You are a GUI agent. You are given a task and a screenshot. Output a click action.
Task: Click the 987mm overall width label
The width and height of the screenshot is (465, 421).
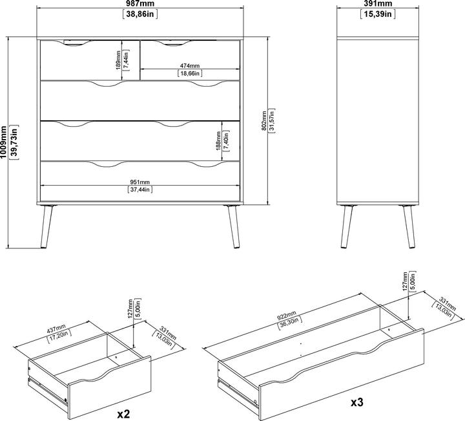(x=140, y=4)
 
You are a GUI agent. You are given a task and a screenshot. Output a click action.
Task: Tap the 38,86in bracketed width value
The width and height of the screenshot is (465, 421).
(x=140, y=14)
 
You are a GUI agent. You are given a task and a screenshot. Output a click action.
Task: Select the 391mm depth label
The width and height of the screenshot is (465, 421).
(x=378, y=4)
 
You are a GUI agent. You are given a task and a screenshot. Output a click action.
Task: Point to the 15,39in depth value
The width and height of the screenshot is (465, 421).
(x=378, y=14)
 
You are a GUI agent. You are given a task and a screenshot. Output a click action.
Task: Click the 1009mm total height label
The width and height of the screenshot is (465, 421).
(x=4, y=142)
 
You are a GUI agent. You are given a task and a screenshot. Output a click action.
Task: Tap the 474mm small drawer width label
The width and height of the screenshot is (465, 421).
(x=190, y=66)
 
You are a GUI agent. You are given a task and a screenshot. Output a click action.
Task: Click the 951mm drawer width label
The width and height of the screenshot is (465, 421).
(x=140, y=182)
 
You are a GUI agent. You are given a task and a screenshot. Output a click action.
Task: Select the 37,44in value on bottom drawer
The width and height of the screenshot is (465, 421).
(x=140, y=189)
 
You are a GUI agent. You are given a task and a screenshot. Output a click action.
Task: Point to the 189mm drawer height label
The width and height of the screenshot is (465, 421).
(x=118, y=60)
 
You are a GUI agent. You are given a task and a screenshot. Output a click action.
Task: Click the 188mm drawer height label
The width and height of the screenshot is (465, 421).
(x=218, y=141)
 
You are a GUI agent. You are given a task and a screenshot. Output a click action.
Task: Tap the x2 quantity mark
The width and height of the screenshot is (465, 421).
(x=123, y=414)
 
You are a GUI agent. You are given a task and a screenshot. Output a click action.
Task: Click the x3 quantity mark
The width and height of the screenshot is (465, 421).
(x=357, y=402)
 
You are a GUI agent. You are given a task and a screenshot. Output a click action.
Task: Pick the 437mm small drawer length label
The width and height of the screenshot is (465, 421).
(x=56, y=328)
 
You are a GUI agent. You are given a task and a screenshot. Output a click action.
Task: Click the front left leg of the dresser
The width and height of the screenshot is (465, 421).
(x=46, y=226)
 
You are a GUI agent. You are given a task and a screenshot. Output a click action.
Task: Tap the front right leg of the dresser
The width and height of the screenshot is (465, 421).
(x=234, y=226)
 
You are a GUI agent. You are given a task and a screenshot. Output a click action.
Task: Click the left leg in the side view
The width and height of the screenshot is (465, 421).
(x=346, y=226)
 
